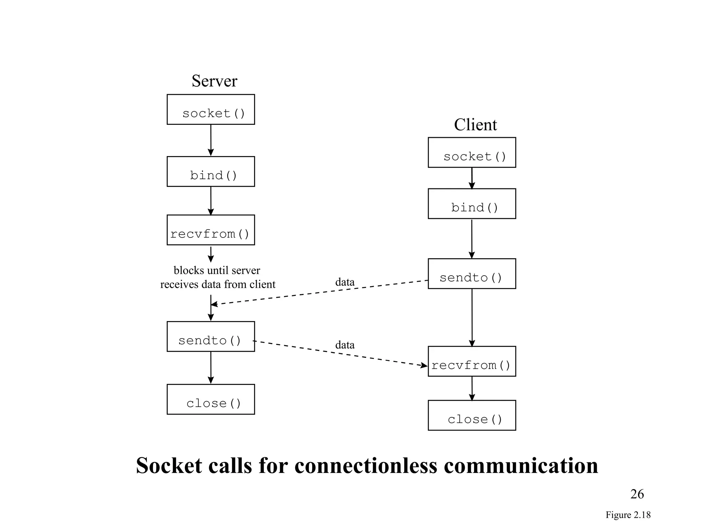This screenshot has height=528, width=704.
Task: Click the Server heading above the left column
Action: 214,81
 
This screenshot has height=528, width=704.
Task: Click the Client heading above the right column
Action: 475,124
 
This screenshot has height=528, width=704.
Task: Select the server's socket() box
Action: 211,109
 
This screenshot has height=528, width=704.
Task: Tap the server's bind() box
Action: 211,172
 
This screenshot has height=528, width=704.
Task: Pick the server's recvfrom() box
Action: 211,230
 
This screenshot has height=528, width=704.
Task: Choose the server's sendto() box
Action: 211,337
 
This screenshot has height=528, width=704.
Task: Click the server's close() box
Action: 211,399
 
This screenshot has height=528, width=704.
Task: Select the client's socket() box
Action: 472,153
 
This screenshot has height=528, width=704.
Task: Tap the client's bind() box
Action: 472,203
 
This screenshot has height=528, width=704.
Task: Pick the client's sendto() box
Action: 472,274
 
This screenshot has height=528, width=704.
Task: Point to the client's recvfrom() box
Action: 472,361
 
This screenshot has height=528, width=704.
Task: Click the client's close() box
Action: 472,415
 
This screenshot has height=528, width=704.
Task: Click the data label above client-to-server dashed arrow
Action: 345,282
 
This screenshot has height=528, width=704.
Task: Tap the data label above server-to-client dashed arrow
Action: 345,345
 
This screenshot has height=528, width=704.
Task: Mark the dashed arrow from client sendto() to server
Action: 320,292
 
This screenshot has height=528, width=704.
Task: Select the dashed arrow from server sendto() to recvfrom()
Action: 340,353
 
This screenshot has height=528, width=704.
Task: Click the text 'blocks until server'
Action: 217,271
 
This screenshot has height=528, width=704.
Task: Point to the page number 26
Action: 637,494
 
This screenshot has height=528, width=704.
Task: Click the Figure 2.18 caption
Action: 628,515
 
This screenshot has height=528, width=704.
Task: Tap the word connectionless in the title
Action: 366,466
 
